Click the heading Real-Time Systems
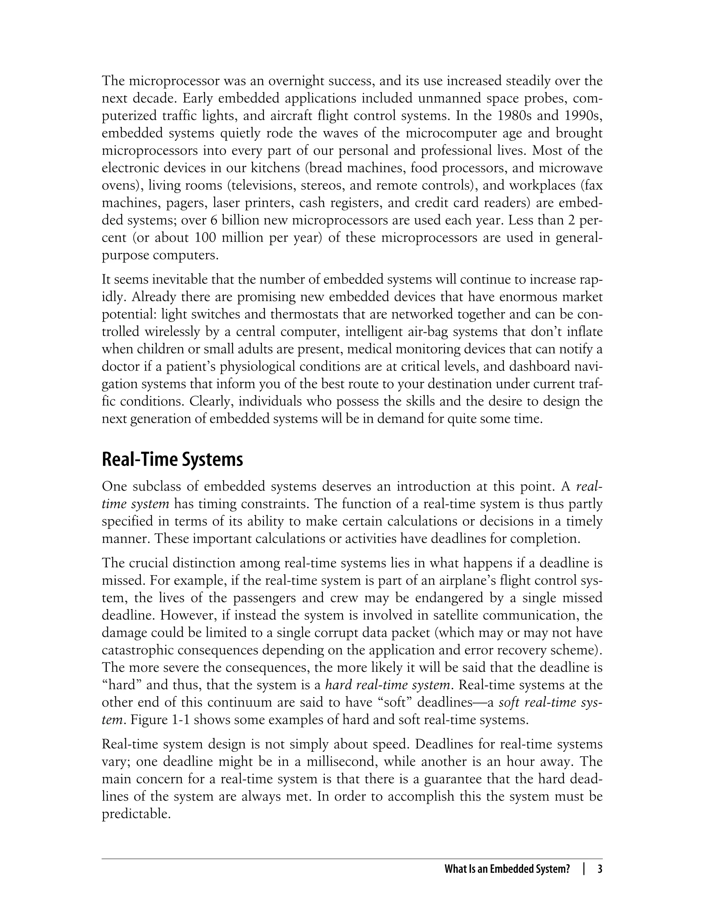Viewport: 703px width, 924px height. pyautogui.click(x=172, y=460)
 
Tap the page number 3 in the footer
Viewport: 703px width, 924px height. pyautogui.click(x=600, y=869)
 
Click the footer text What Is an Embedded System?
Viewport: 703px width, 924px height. pyautogui.click(x=507, y=869)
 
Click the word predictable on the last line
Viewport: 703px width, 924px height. pyautogui.click(x=136, y=814)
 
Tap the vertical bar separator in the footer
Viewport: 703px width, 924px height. pyautogui.click(x=584, y=869)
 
